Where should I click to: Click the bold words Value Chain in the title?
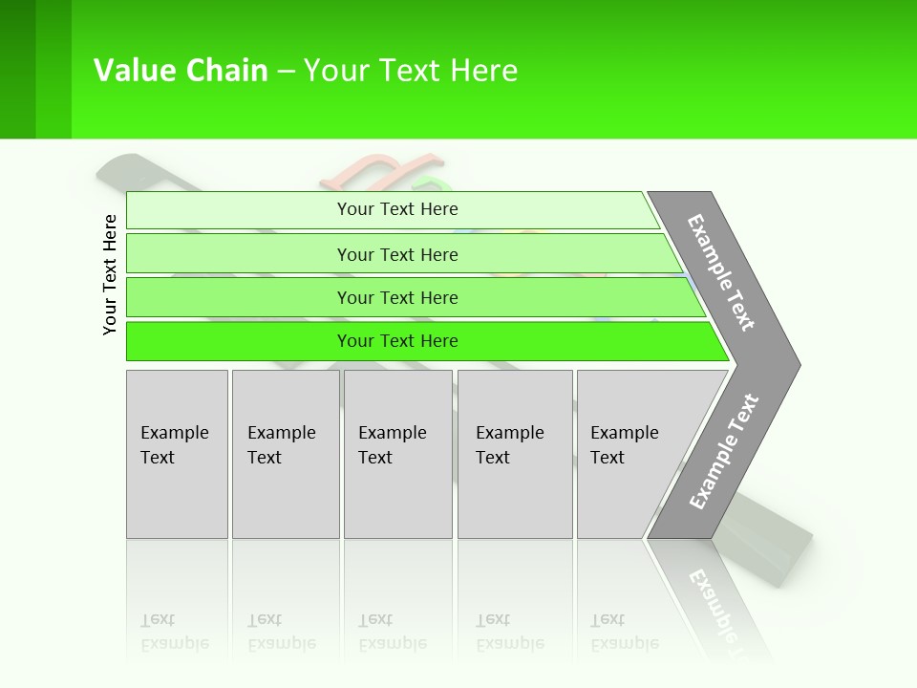(x=181, y=71)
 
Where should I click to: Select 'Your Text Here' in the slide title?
(x=411, y=71)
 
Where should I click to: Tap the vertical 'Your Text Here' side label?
(x=110, y=274)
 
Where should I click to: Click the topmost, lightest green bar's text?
(x=397, y=209)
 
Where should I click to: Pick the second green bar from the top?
(x=397, y=254)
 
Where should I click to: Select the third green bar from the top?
(x=397, y=298)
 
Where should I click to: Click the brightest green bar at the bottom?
(x=397, y=341)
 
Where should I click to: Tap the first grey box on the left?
(x=177, y=454)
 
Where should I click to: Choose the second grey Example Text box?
(x=285, y=454)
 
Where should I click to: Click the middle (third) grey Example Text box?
(x=397, y=454)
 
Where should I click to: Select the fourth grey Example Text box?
(x=515, y=454)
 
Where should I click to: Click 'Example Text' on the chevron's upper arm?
(x=721, y=272)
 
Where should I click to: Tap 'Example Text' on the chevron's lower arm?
(x=724, y=452)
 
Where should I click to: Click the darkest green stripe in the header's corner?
(x=17, y=69)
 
